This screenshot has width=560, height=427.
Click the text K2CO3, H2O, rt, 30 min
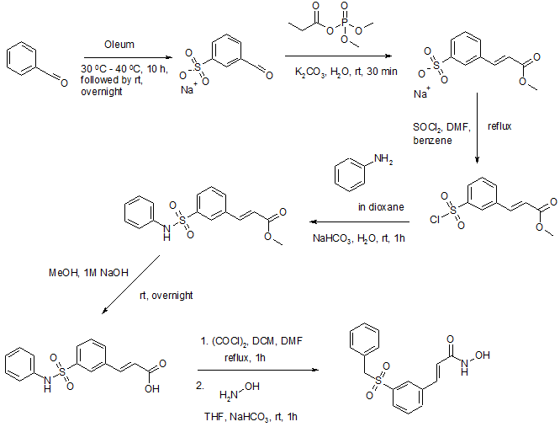335,73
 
